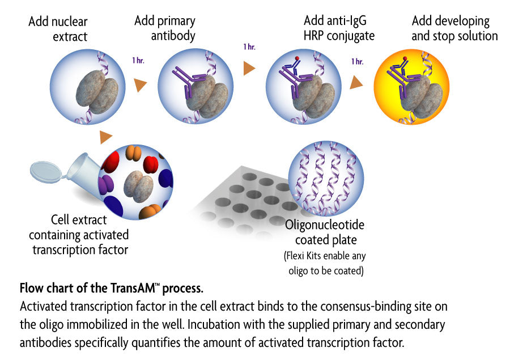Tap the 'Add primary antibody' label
[x=165, y=28]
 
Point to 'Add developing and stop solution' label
[x=454, y=28]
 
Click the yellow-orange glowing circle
[x=411, y=86]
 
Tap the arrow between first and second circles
[x=140, y=86]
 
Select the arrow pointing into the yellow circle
[x=356, y=83]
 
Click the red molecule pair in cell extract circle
[x=150, y=164]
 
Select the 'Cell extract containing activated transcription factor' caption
[x=79, y=235]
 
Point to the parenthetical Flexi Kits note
[x=324, y=262]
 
